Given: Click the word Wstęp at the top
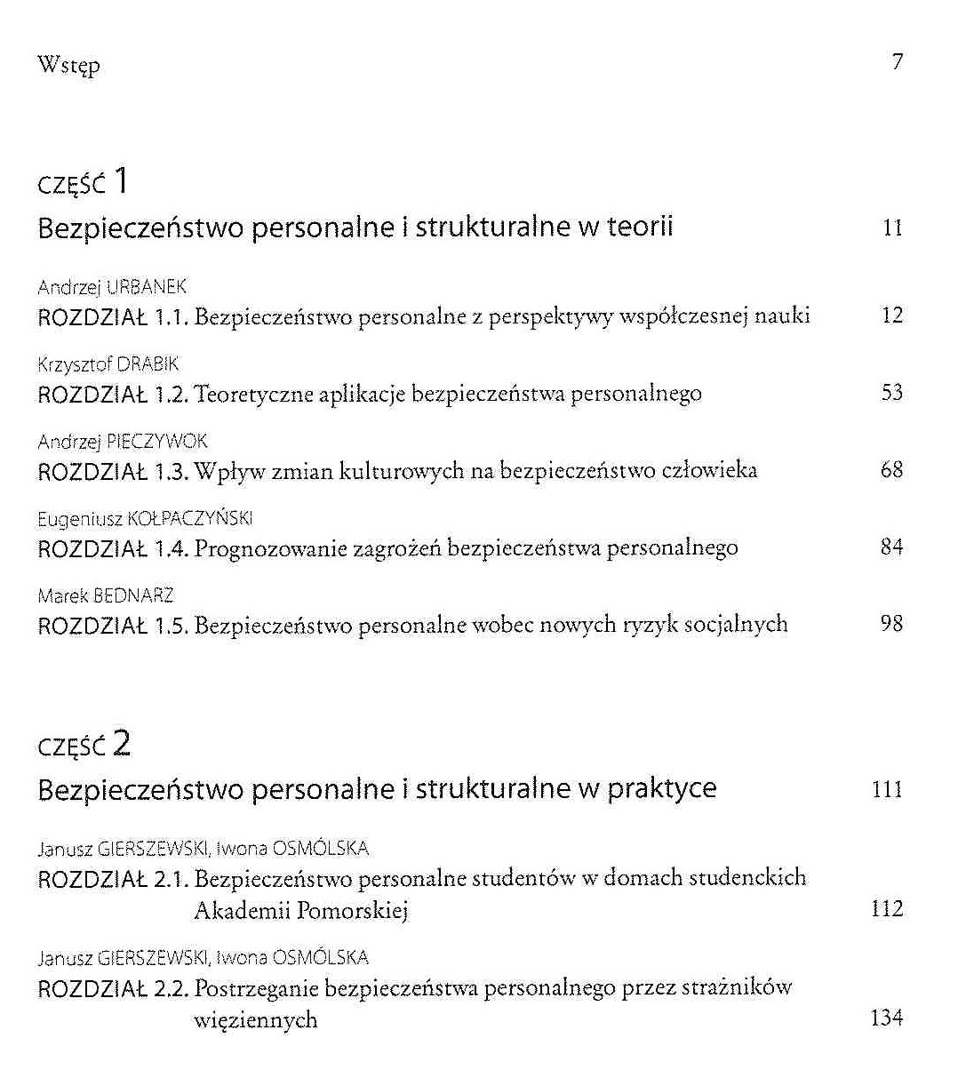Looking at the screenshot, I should (68, 66).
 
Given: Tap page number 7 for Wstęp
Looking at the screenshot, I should (898, 62).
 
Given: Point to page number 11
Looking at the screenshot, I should (892, 228).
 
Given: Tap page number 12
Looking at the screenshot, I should (892, 315).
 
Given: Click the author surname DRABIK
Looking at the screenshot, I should (148, 364).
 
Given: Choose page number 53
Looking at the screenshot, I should (892, 393).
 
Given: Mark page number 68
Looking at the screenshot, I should (892, 469).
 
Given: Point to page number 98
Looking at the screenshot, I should (892, 624).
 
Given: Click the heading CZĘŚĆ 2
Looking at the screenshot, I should (84, 744).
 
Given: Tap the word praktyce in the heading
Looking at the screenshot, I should (662, 789).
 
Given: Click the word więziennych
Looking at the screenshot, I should (255, 1019).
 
